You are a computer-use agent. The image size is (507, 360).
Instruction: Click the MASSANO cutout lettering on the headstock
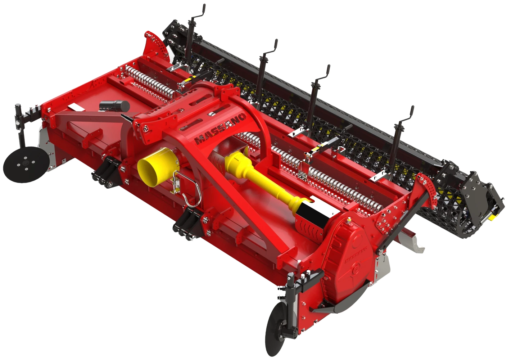[220, 128]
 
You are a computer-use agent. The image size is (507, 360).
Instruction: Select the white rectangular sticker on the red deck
[76, 107]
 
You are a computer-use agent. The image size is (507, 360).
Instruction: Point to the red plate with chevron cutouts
[308, 231]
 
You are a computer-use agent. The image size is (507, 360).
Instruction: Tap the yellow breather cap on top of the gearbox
[349, 220]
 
